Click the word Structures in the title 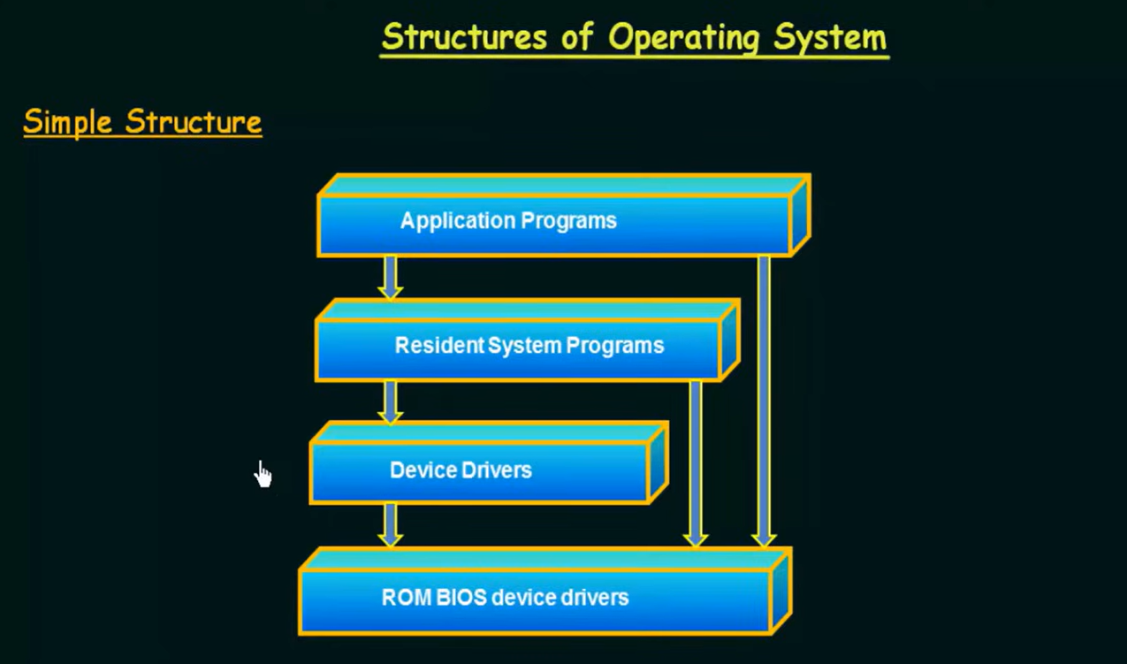pos(464,37)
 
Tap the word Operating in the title pos(684,38)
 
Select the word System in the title pos(830,37)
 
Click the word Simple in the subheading pos(67,122)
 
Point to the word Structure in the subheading pos(194,121)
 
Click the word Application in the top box pos(458,221)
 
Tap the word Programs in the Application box pos(568,222)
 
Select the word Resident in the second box pos(440,346)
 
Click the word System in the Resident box pos(524,346)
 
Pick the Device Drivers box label pos(461,470)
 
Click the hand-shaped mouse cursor pos(263,474)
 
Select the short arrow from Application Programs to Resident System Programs pos(391,278)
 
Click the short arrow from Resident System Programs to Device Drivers pos(391,401)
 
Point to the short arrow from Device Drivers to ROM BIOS pos(391,525)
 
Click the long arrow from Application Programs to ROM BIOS pos(764,401)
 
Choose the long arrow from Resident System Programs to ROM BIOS pos(696,463)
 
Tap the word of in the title pos(577,37)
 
